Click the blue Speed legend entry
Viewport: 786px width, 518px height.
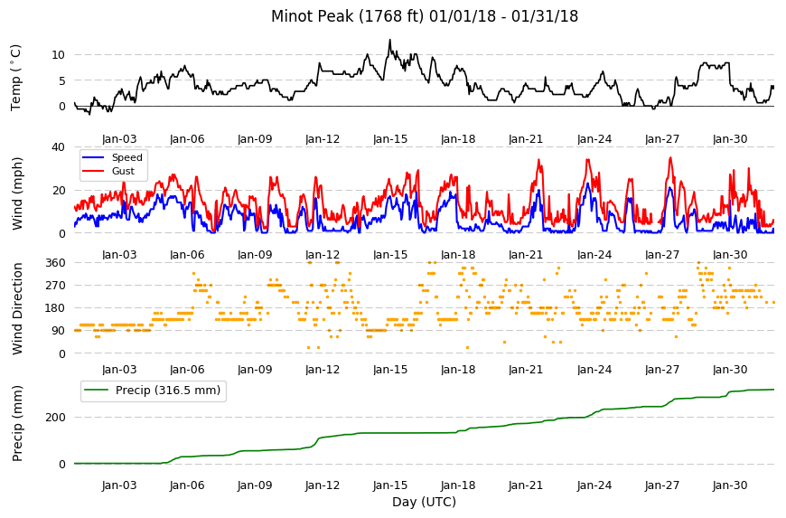click(x=113, y=157)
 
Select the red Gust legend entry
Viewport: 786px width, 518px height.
click(x=108, y=171)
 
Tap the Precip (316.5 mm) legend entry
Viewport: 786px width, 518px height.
click(x=153, y=391)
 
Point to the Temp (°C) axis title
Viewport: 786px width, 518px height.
click(x=16, y=78)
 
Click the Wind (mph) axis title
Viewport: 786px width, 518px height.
click(x=17, y=193)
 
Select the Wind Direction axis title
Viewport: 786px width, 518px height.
click(x=17, y=308)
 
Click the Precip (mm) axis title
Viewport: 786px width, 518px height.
click(x=17, y=423)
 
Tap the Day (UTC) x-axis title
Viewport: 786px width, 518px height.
click(x=424, y=502)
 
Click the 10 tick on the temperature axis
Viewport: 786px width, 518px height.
click(x=59, y=54)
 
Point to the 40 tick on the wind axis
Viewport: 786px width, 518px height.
click(x=59, y=147)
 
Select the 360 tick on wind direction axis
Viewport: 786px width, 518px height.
click(x=56, y=263)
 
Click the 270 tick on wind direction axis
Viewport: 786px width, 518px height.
click(x=56, y=286)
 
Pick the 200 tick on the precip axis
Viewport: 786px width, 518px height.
click(x=56, y=418)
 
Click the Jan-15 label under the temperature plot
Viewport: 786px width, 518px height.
click(x=390, y=139)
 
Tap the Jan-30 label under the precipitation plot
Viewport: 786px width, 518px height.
click(x=730, y=485)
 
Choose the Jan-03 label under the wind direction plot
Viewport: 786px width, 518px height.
click(x=119, y=370)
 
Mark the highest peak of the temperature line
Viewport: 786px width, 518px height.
click(x=390, y=40)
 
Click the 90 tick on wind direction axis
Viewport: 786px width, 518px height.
click(x=59, y=331)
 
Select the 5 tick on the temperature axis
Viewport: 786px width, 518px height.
click(x=62, y=80)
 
